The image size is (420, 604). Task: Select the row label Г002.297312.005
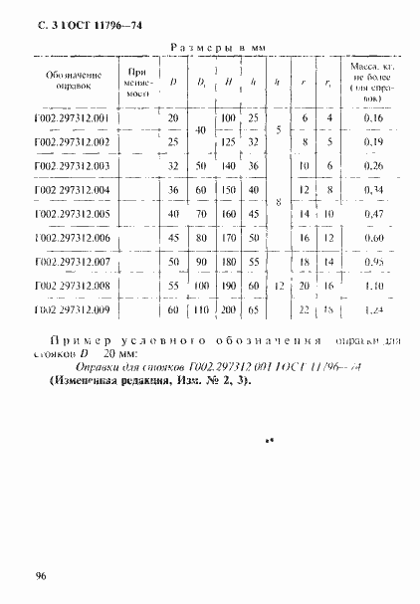78,214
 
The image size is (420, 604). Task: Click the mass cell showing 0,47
373,214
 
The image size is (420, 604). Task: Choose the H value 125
228,142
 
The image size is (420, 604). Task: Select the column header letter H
230,83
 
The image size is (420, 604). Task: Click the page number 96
43,576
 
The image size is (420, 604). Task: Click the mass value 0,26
373,166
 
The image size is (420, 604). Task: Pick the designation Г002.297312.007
78,262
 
